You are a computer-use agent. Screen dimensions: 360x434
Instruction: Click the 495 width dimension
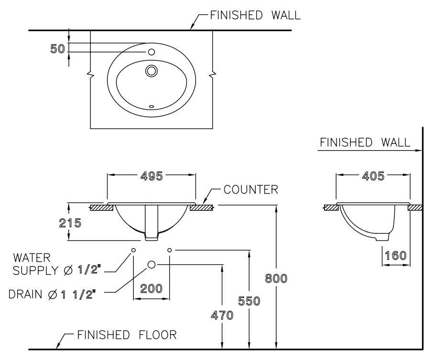[151, 176]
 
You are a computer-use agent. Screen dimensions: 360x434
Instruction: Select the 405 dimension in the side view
[373, 176]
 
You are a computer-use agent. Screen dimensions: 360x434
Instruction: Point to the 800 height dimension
[276, 279]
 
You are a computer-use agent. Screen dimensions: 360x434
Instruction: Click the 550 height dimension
[249, 301]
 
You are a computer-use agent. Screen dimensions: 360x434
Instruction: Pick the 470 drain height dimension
[222, 316]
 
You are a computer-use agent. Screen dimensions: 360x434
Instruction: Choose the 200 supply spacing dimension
[151, 289]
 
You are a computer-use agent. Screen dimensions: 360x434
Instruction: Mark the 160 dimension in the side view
[396, 255]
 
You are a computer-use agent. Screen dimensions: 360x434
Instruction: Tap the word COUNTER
[250, 190]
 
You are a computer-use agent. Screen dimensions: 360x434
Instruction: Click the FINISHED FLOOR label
[127, 335]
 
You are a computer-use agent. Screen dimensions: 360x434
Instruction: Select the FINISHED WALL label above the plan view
[255, 15]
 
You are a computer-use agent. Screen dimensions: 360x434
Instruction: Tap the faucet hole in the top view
[152, 52]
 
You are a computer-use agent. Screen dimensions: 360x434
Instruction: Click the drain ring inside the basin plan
[152, 71]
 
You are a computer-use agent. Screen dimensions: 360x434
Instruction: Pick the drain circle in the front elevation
[152, 264]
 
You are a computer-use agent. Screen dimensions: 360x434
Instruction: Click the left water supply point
[133, 250]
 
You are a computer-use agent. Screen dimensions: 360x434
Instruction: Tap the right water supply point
[170, 250]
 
